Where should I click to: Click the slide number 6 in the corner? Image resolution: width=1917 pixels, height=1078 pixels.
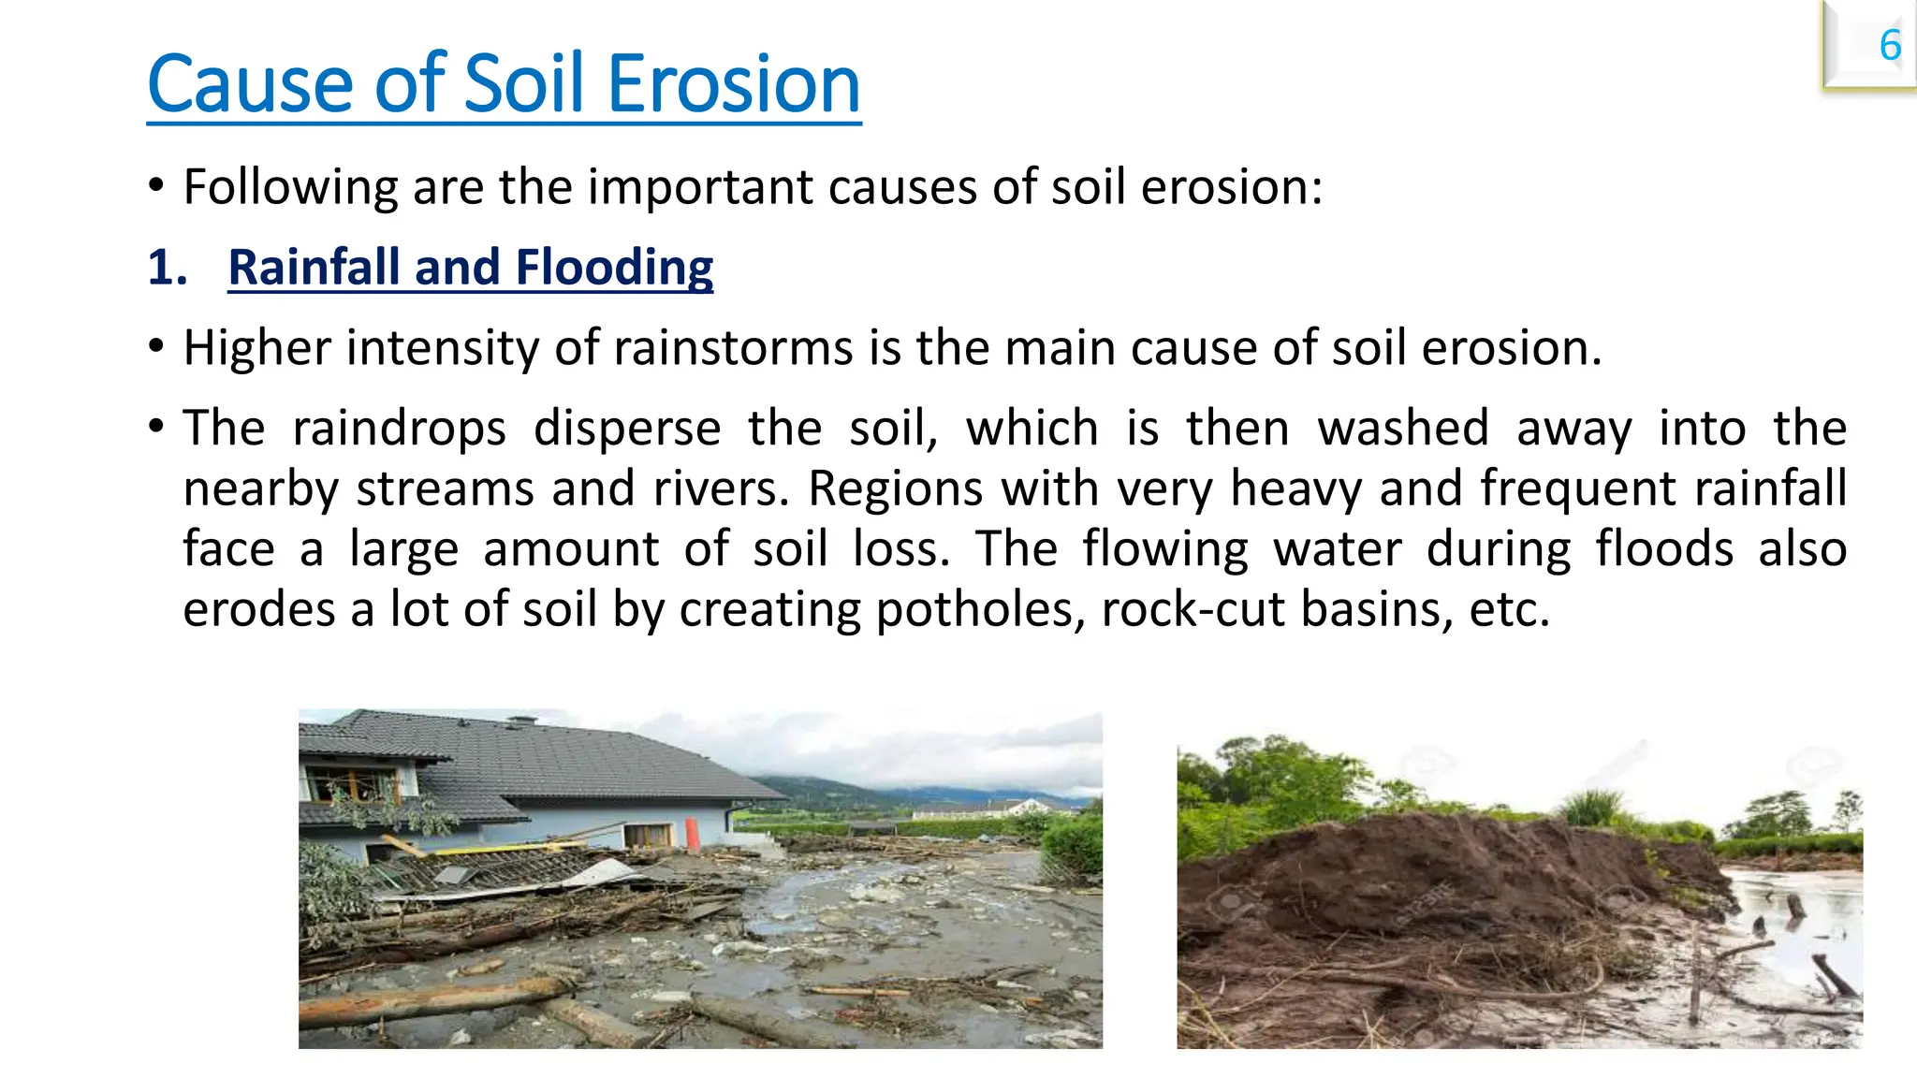pos(1889,46)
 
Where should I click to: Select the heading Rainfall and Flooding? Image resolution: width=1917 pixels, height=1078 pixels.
pos(470,268)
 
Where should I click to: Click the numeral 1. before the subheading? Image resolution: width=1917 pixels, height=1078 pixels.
pos(168,268)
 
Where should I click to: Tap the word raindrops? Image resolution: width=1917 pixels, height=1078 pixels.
pos(399,429)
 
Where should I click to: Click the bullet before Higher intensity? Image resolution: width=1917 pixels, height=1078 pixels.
pos(156,348)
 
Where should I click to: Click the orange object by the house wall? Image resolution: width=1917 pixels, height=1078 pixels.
pos(693,834)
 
